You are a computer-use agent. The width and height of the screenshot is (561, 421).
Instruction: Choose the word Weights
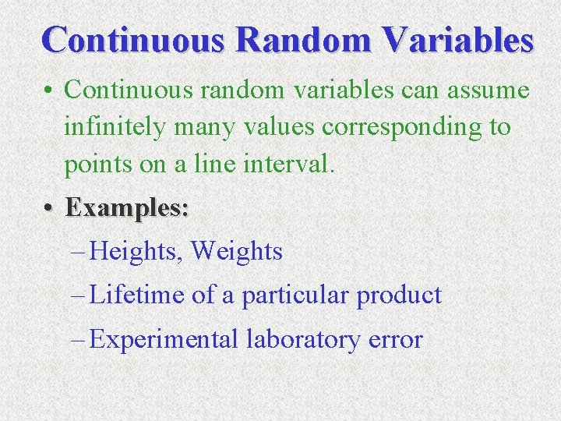click(x=237, y=251)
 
